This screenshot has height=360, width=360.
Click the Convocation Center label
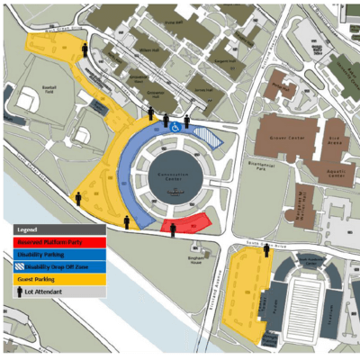178,178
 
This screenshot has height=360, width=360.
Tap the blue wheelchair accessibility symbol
175,128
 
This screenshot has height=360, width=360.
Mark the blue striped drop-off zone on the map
208,136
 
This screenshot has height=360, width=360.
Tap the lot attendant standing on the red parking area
172,229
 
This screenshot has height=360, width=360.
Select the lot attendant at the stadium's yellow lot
266,251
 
